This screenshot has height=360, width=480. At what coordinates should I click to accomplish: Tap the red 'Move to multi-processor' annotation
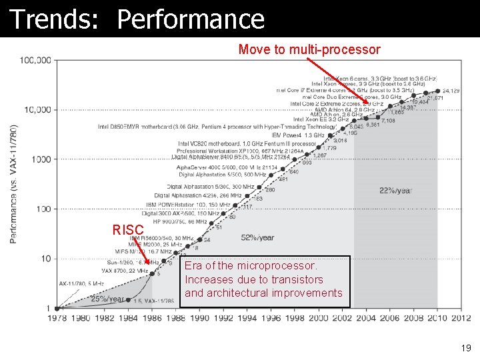[309, 50]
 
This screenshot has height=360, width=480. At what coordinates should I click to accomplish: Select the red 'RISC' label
[127, 231]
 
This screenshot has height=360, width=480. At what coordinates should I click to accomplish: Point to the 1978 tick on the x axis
[57, 318]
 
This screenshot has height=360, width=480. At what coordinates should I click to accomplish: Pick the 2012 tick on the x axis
[461, 318]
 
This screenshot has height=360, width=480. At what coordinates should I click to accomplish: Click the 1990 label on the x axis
[199, 318]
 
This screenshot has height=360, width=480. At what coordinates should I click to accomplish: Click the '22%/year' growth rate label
[395, 190]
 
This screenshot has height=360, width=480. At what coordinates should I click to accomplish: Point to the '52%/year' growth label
[257, 237]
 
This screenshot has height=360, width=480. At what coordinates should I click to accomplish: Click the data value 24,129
[451, 90]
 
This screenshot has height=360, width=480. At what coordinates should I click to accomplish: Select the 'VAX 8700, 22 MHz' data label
[125, 271]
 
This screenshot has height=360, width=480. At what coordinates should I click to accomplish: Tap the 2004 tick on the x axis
[366, 318]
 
